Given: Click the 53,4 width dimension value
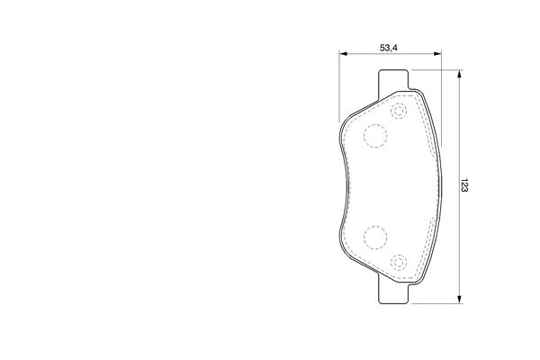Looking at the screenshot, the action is [x=389, y=48].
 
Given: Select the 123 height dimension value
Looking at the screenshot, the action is [x=464, y=185].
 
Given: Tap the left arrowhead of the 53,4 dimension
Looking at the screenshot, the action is [x=343, y=53].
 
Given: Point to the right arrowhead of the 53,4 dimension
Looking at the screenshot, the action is [x=437, y=53].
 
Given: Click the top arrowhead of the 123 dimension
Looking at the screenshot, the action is [x=459, y=74].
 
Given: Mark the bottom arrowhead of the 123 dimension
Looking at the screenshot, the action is [x=459, y=300].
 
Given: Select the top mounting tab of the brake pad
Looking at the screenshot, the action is [x=393, y=81].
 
